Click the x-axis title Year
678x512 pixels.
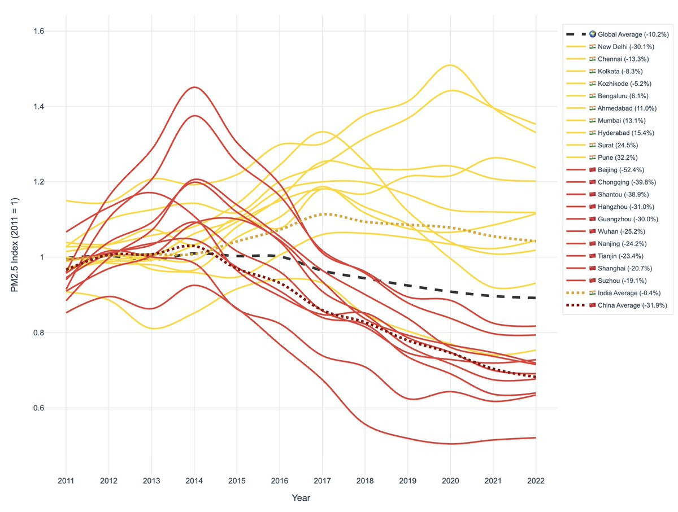pos(301,498)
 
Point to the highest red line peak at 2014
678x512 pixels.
pos(194,87)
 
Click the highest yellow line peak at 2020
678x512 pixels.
pos(450,65)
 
